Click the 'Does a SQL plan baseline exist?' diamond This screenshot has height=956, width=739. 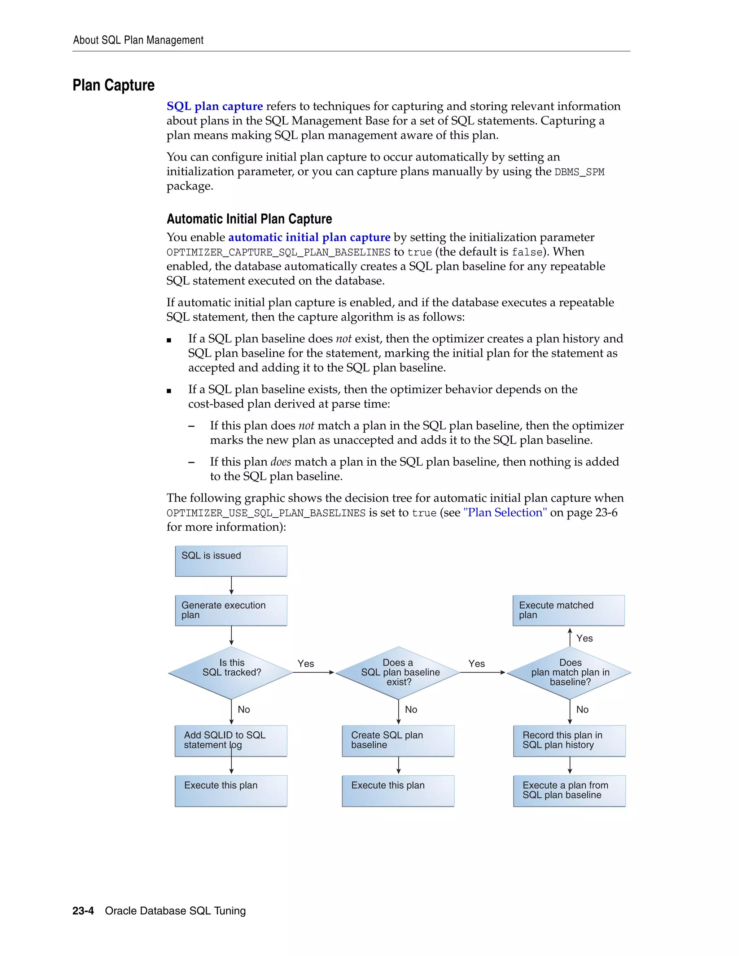(398, 672)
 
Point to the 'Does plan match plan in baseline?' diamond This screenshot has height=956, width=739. (569, 672)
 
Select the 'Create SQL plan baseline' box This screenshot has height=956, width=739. (398, 741)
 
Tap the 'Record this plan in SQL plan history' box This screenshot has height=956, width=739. (569, 741)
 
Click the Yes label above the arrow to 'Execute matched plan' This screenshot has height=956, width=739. (585, 638)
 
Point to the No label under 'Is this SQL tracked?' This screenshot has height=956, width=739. (244, 710)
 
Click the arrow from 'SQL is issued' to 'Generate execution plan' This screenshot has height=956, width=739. (231, 586)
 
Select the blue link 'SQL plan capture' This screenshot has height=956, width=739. (215, 106)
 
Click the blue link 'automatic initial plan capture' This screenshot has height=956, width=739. (309, 237)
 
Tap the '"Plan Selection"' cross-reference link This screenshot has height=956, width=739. (505, 513)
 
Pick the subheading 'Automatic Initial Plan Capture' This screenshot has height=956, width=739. (249, 219)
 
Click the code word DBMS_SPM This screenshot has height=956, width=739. (579, 172)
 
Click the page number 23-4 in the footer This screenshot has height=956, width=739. (83, 911)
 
